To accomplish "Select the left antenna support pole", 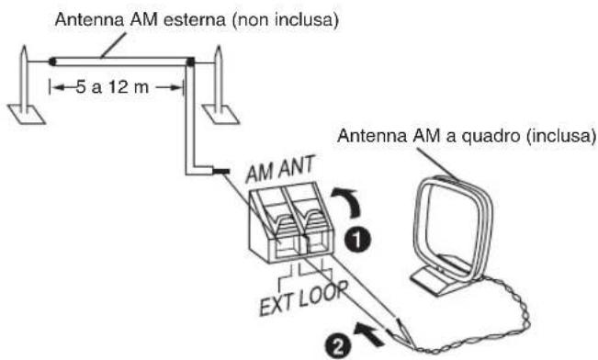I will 25,83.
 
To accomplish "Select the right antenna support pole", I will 218,83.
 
